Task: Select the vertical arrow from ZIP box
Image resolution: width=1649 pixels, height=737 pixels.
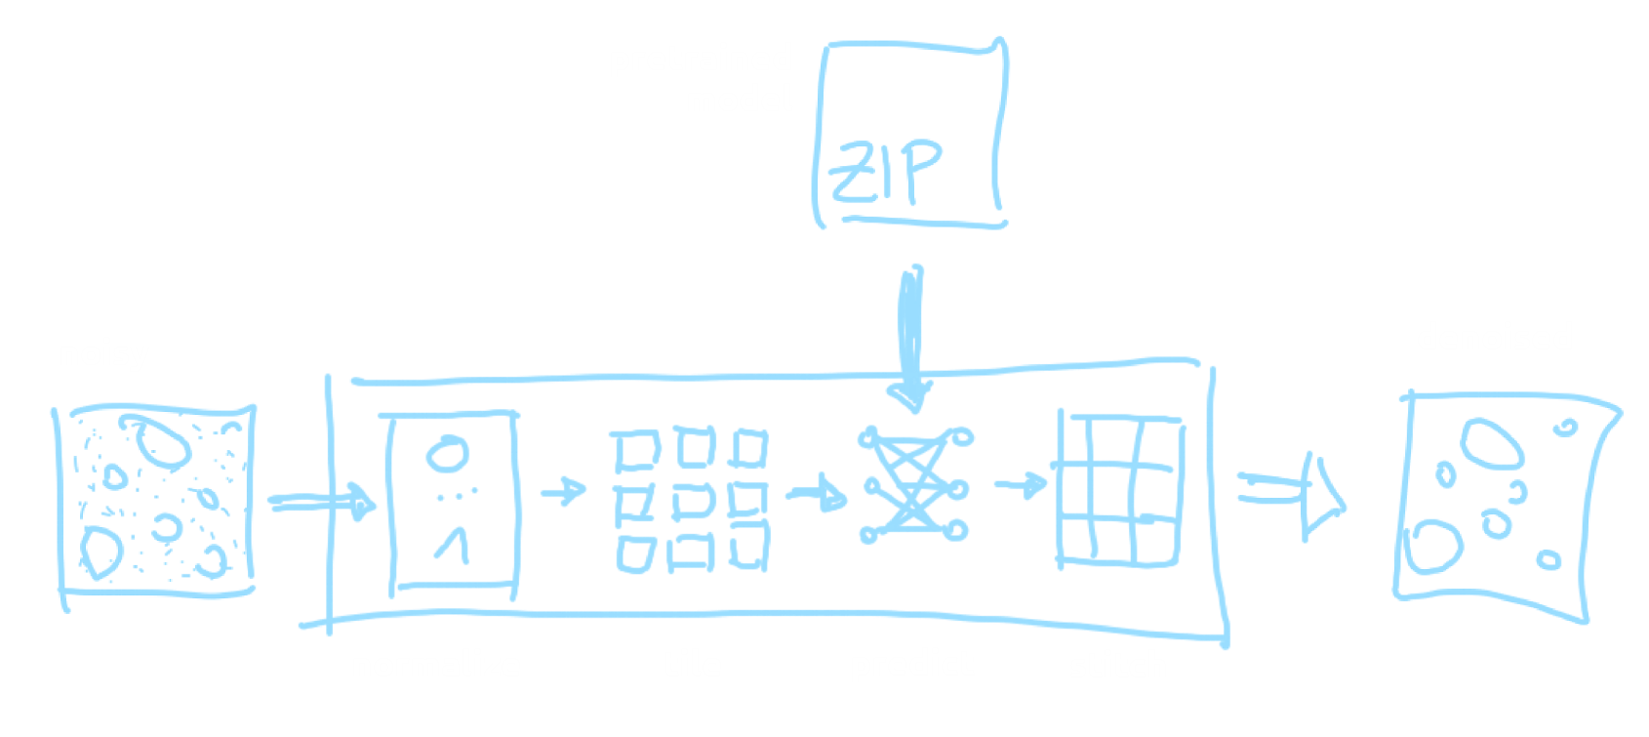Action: point(911,337)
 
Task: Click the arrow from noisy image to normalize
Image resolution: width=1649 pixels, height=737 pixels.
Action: point(322,503)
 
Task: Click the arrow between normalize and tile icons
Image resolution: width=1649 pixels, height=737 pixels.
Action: point(563,490)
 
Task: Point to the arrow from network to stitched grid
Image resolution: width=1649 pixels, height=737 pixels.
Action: point(1021,484)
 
